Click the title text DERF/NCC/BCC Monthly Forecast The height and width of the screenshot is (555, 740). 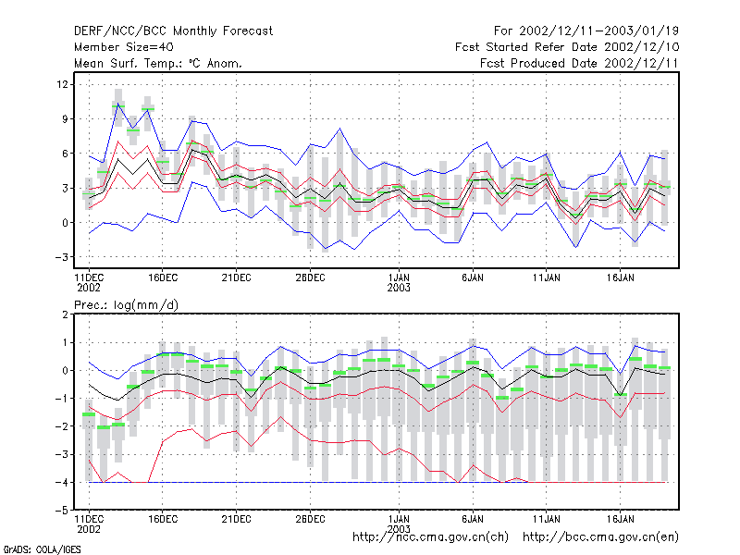coord(173,31)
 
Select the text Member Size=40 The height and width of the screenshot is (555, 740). coord(124,47)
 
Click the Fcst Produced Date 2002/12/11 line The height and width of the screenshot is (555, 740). coord(579,63)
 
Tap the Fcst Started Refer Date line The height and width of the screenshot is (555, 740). coord(567,47)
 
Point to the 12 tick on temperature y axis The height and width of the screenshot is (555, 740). coord(62,84)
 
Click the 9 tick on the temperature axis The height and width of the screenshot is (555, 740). coord(65,119)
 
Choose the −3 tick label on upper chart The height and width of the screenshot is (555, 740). coord(62,257)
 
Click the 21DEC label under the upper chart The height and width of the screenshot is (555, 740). coord(236,278)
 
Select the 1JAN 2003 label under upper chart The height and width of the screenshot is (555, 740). coord(399,283)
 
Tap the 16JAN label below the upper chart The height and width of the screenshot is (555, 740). coord(620,278)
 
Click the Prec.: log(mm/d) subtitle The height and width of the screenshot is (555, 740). coord(126,305)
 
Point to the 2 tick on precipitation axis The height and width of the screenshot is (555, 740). coord(65,314)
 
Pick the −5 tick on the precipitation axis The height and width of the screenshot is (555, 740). coord(62,511)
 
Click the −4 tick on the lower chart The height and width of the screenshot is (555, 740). coord(62,482)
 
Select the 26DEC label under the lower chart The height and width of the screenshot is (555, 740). coord(310,519)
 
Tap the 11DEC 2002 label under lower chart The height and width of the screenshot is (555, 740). coord(89,524)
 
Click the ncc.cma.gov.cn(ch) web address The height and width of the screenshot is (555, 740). coord(430,537)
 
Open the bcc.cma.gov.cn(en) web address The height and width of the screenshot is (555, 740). coord(600,537)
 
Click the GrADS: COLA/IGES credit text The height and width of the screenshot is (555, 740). coord(42,549)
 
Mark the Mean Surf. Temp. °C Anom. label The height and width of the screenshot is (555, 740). coord(158,63)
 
